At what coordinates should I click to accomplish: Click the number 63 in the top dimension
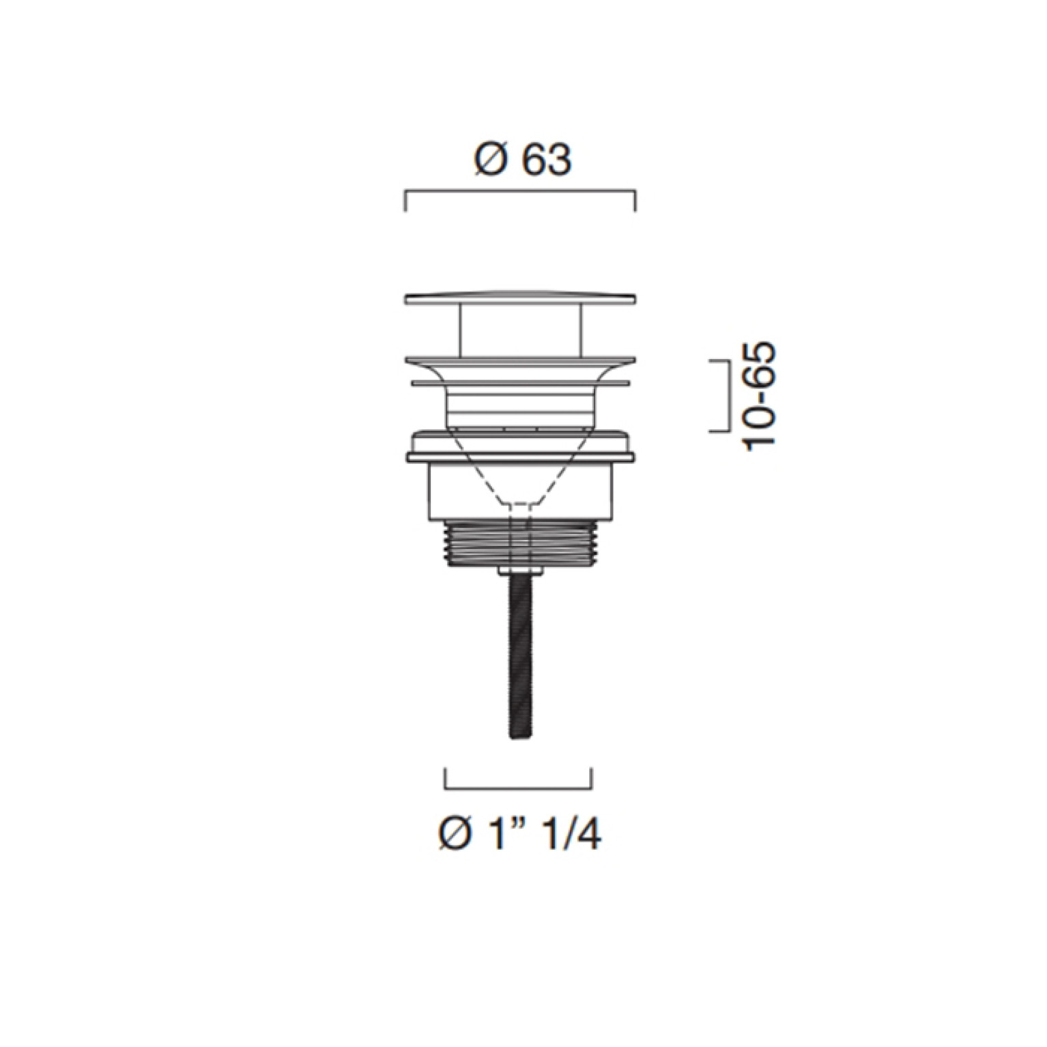click(546, 161)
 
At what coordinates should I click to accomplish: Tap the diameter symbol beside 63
click(491, 161)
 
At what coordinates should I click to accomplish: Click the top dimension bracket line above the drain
click(521, 193)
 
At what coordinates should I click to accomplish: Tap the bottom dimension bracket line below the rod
click(518, 788)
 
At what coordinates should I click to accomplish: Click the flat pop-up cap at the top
click(521, 298)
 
